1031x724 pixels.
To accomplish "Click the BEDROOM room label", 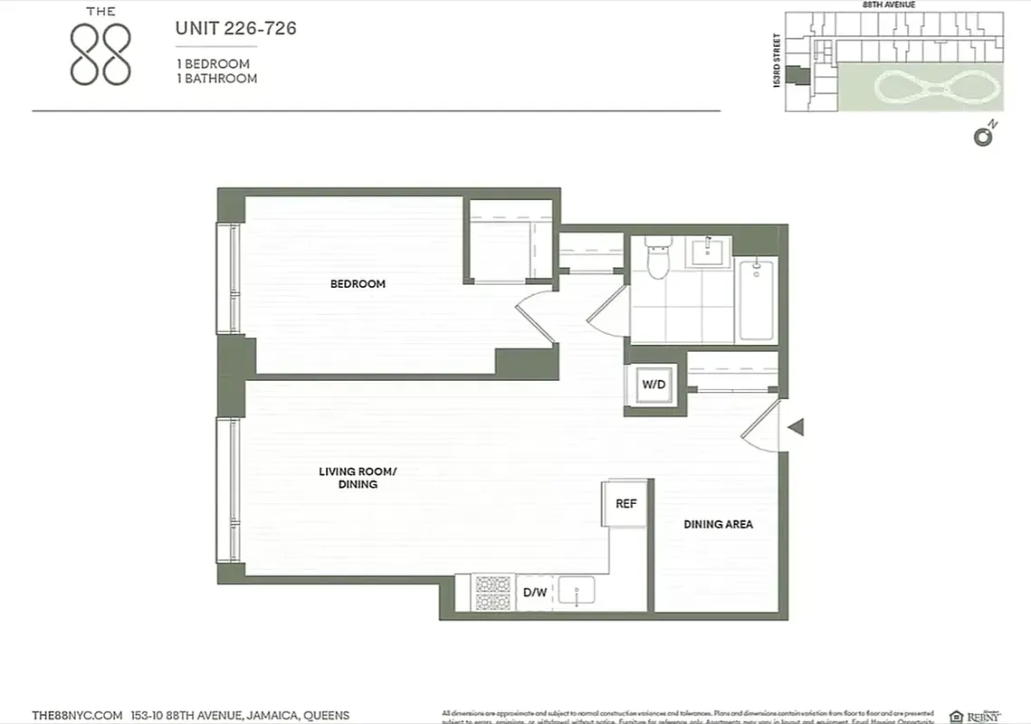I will [x=358, y=284].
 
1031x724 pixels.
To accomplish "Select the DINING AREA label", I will [x=718, y=524].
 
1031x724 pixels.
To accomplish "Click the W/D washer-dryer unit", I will [x=654, y=385].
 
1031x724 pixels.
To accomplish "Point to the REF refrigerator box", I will [x=626, y=504].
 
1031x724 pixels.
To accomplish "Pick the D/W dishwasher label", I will [x=535, y=594].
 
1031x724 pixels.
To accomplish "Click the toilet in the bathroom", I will [x=657, y=258].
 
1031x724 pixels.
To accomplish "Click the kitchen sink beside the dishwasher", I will [x=576, y=593].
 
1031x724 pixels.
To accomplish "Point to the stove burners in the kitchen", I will [x=493, y=593].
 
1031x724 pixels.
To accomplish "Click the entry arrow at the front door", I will [x=795, y=427].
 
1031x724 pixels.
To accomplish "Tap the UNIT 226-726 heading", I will [x=235, y=29].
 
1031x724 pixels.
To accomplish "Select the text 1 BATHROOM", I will [x=217, y=79].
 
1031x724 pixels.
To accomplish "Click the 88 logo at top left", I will [x=100, y=54].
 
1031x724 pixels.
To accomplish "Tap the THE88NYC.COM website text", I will [x=77, y=715].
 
